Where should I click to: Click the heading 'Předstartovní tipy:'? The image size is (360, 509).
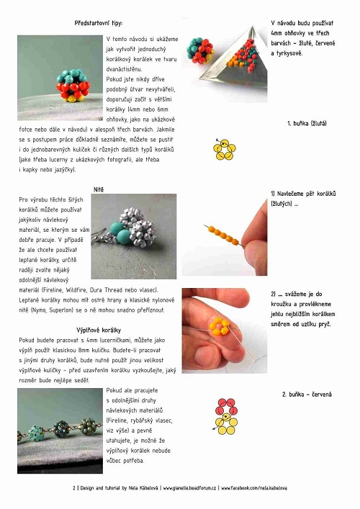coord(99,23)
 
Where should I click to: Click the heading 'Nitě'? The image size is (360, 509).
coord(99,189)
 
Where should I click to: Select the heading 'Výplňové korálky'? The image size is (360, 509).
coord(99,330)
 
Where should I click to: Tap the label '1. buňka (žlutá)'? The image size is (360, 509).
coord(307,123)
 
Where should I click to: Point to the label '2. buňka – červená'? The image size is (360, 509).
coord(307,395)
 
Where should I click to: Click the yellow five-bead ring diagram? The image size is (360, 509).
coord(225,149)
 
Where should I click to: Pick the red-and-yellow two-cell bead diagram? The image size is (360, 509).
coord(226,416)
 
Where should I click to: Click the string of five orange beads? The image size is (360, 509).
coord(225,235)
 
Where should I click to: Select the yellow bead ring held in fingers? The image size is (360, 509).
coord(220,327)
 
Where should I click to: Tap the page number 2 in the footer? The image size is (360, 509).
coord(74,488)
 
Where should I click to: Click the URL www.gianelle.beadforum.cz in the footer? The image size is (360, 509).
coord(189,488)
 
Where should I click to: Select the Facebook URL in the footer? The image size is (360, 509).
coord(254,488)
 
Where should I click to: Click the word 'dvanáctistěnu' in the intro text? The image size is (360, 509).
coord(125,69)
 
